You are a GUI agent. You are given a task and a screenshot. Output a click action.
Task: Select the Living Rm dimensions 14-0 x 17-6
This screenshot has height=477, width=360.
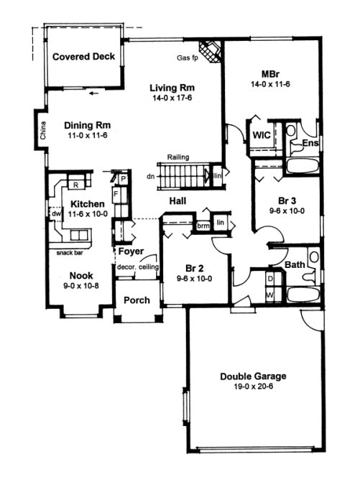click(x=172, y=100)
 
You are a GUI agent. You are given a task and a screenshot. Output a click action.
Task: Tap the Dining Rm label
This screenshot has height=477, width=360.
click(x=86, y=123)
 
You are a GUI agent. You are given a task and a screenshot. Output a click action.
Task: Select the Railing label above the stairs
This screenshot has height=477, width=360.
click(x=178, y=157)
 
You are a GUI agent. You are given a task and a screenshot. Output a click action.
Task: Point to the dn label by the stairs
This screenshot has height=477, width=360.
click(x=150, y=175)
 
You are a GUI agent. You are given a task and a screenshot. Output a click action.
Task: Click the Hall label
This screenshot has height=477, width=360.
click(x=180, y=201)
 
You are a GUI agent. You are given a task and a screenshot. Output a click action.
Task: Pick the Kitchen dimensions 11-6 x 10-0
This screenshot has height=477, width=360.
click(x=88, y=214)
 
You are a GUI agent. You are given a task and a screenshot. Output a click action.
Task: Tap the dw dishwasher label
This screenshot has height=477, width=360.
click(x=55, y=213)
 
